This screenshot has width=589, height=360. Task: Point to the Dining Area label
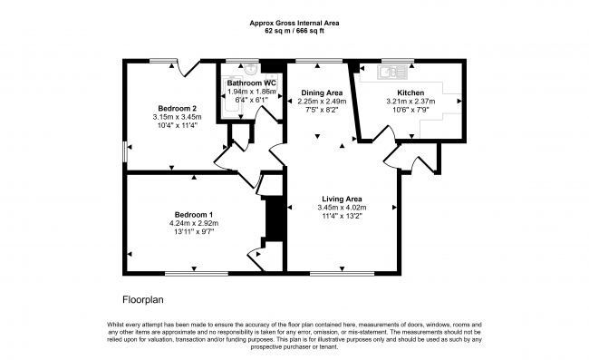click(x=322, y=92)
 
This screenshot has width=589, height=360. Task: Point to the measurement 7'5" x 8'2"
click(x=322, y=111)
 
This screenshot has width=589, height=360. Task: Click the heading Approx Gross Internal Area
click(x=294, y=23)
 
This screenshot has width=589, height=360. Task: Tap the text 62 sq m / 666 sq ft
click(x=294, y=31)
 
